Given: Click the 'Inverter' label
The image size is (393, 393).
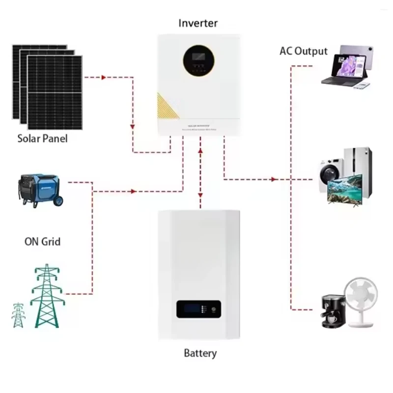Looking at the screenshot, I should (x=198, y=23).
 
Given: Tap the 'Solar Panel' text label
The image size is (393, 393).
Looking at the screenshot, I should (x=43, y=139).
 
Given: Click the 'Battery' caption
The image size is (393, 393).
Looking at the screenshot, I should (x=200, y=353).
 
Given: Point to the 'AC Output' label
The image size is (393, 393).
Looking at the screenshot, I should (x=303, y=51).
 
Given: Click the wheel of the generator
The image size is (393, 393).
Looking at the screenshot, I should (x=57, y=201).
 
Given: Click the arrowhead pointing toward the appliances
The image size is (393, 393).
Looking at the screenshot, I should (x=273, y=179).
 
